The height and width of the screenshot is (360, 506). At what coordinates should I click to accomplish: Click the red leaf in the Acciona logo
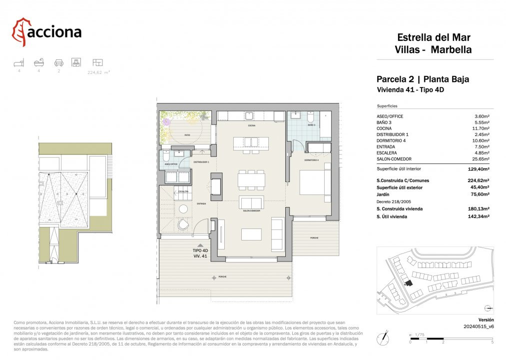(x=20, y=31)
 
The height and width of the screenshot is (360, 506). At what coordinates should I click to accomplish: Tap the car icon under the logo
(x=59, y=62)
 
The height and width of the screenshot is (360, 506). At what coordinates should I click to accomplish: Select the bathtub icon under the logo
(x=38, y=62)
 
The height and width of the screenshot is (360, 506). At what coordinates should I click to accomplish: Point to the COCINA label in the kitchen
(x=252, y=126)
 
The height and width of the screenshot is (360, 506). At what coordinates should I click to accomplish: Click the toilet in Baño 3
(x=310, y=118)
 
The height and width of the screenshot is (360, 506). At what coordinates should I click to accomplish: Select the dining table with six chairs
(x=252, y=178)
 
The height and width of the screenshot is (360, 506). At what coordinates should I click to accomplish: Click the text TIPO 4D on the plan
(x=200, y=250)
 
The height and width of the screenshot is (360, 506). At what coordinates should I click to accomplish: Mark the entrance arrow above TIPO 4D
(x=200, y=245)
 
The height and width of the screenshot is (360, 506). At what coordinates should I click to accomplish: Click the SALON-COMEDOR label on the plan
(x=252, y=211)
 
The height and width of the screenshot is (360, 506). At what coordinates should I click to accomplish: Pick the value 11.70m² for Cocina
(x=481, y=128)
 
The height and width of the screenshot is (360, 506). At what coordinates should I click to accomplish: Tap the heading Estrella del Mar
(x=433, y=37)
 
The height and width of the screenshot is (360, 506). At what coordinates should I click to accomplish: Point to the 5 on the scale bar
(x=492, y=342)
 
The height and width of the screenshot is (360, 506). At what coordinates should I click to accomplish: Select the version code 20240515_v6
(x=479, y=326)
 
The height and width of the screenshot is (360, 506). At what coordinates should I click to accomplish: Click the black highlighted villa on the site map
(x=409, y=283)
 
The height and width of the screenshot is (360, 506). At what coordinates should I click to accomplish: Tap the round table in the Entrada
(x=183, y=209)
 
